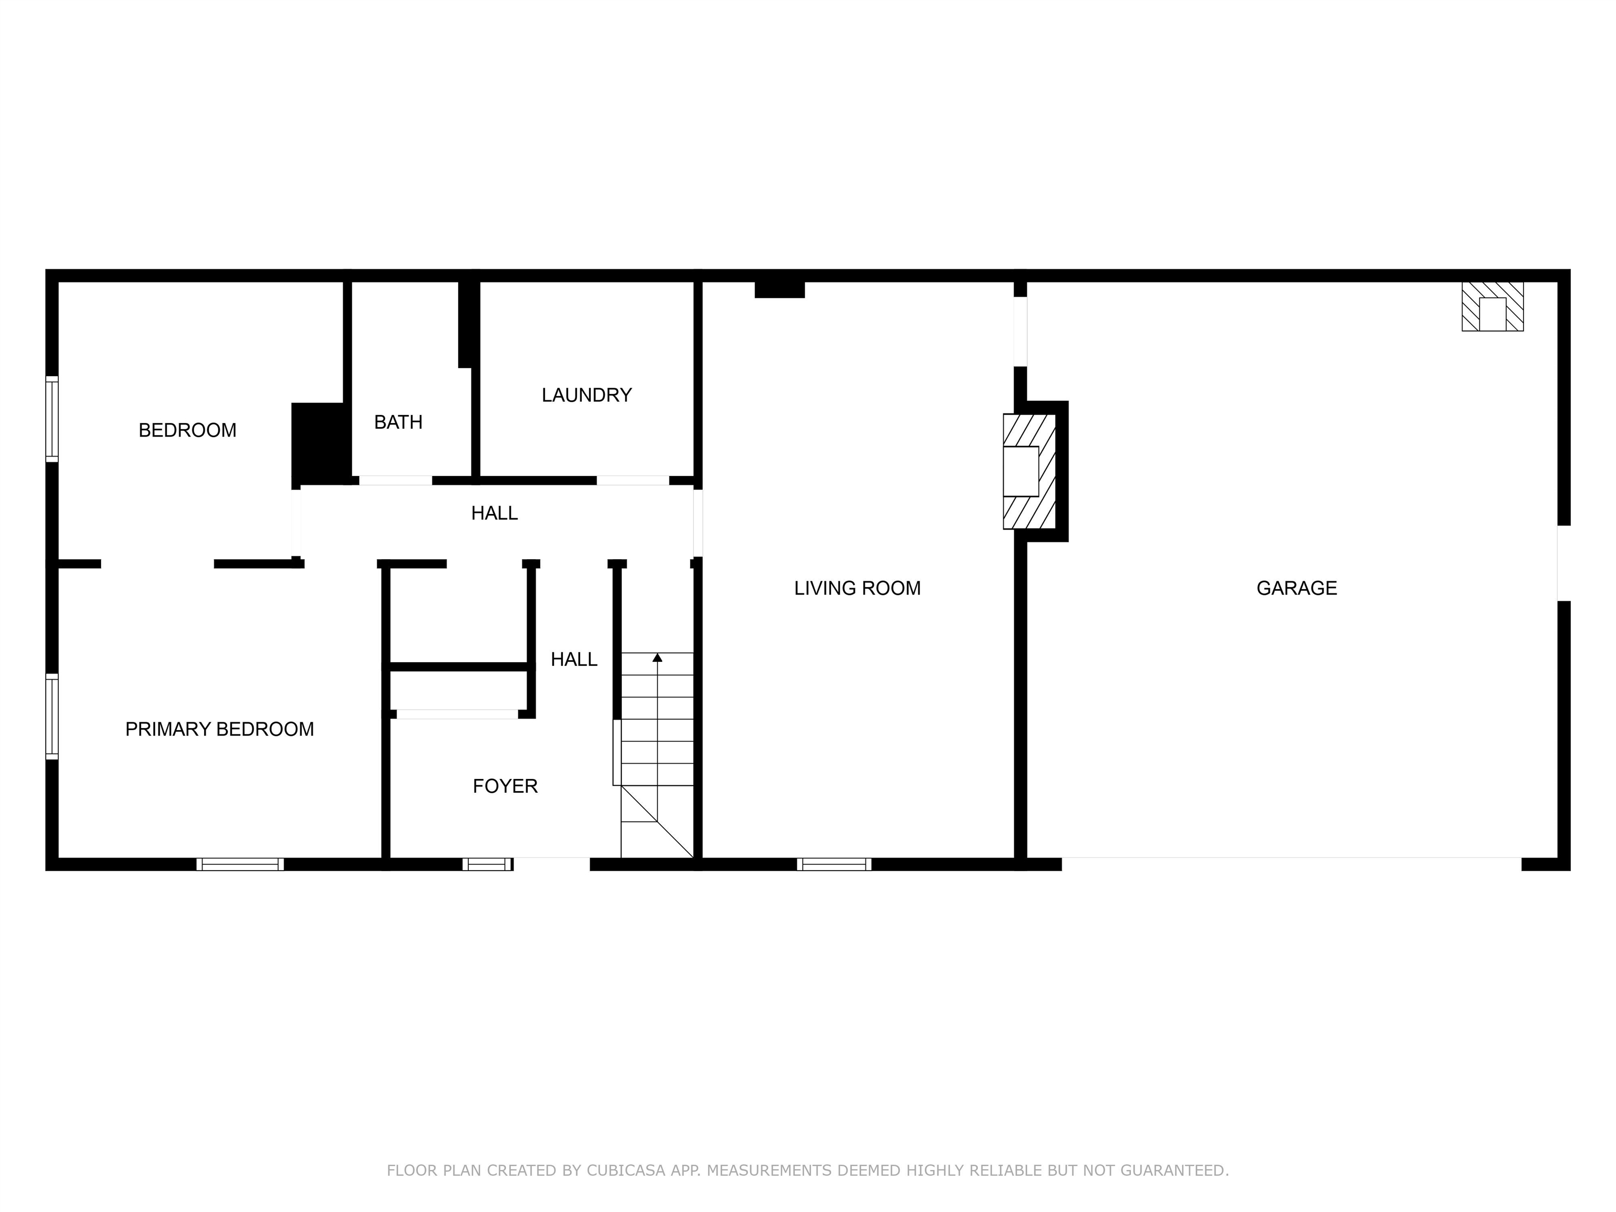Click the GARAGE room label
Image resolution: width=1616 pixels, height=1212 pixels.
pyautogui.click(x=1296, y=588)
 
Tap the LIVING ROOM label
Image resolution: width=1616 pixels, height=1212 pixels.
pyautogui.click(x=857, y=588)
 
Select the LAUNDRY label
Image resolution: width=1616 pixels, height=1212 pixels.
pyautogui.click(x=586, y=395)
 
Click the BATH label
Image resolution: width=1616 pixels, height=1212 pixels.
pyautogui.click(x=398, y=422)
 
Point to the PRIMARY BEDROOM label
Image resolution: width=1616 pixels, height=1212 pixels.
pyautogui.click(x=219, y=729)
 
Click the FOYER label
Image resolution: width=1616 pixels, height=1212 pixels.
pyautogui.click(x=505, y=786)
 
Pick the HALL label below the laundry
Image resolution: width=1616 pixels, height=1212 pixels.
pyautogui.click(x=494, y=513)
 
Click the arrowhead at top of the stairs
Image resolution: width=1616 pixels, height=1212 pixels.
pyautogui.click(x=657, y=658)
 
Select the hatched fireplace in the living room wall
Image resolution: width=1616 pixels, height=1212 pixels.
pyautogui.click(x=1028, y=471)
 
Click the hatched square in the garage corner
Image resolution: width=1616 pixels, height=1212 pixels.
pyautogui.click(x=1492, y=307)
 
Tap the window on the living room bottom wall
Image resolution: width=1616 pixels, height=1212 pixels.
pyautogui.click(x=834, y=864)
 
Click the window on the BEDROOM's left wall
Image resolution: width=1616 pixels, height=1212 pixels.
pyautogui.click(x=52, y=419)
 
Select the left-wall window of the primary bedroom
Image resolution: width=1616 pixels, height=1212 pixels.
pyautogui.click(x=52, y=716)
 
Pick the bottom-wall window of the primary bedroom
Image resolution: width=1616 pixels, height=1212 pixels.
pyautogui.click(x=240, y=864)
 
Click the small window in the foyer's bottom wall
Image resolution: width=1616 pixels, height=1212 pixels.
pyautogui.click(x=487, y=864)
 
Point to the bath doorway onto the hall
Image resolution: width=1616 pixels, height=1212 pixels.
pyautogui.click(x=395, y=481)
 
